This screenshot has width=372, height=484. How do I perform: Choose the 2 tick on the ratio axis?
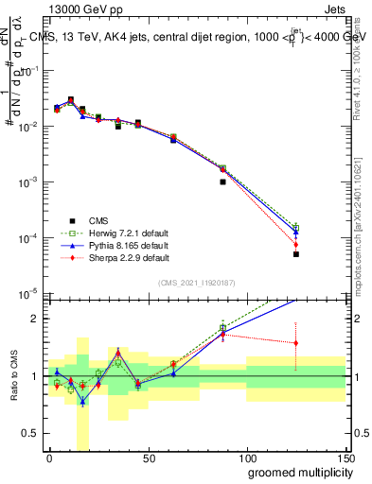pyautogui.click(x=36, y=319)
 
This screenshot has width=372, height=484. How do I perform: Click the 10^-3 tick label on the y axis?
pyautogui.click(x=29, y=181)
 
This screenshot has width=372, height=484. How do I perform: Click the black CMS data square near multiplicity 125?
pyautogui.click(x=296, y=254)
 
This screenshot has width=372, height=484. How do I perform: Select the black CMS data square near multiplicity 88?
pyautogui.click(x=222, y=181)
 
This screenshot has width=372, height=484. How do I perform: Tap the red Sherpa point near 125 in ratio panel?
pyautogui.click(x=296, y=343)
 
